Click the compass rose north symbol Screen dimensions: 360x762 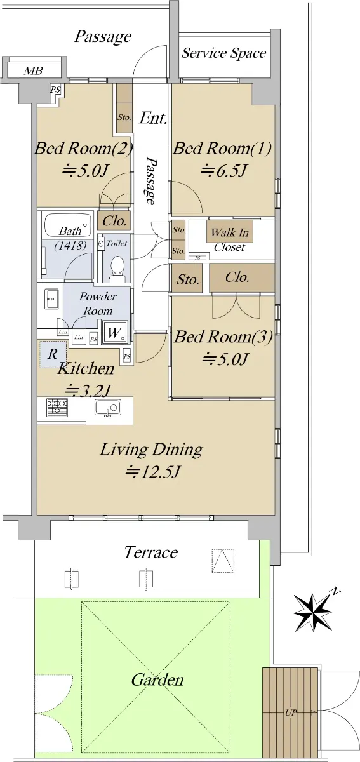coord(313,612)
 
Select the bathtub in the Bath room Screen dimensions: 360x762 coord(69,225)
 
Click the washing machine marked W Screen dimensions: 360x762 coord(115,332)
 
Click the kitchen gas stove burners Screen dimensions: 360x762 coord(57,407)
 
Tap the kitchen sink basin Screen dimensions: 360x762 coord(107,407)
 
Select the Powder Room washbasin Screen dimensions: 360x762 coord(51,298)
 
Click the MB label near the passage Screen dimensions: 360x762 coord(34,70)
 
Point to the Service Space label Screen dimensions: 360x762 coord(223,53)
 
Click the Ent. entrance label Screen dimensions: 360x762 coord(154,118)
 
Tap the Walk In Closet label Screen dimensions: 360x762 coord(230,239)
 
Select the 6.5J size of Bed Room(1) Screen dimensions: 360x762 coord(223,170)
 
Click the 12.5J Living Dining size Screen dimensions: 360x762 coord(152,471)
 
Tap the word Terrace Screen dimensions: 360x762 coord(150,552)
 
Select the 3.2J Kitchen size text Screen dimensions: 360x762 coord(88,390)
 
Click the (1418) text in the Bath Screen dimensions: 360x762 coord(70,245)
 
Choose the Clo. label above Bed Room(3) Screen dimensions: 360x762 coord(237,277)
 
